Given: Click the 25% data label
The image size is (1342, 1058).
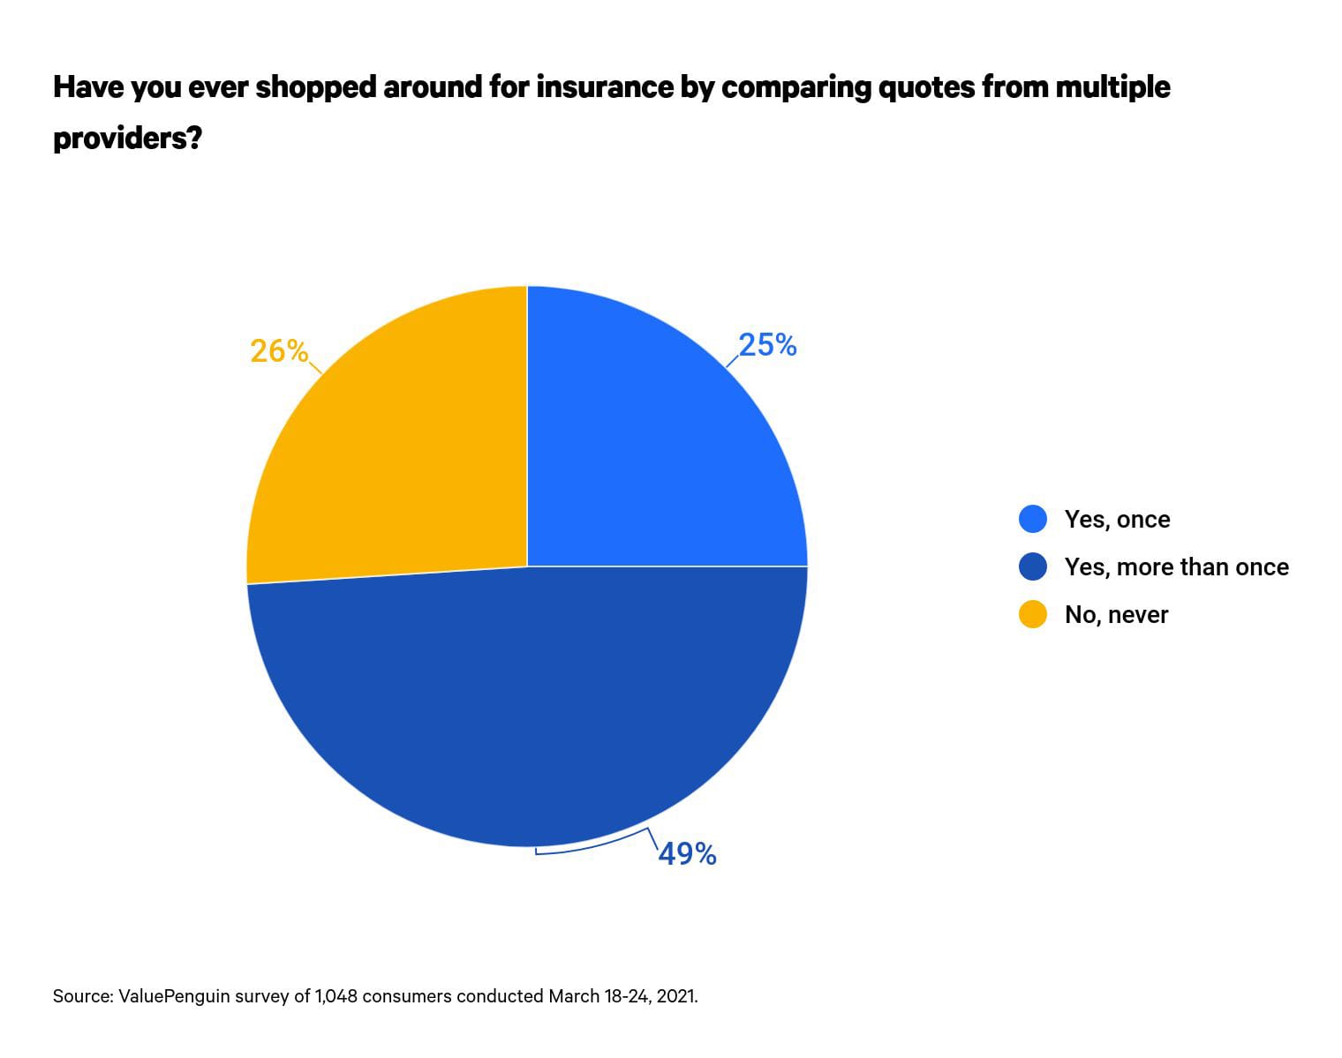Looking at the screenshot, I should [767, 345].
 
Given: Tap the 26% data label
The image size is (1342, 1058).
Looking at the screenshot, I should [279, 351].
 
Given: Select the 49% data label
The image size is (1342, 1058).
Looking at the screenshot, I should [687, 853].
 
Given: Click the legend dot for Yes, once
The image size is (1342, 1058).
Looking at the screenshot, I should [1032, 519].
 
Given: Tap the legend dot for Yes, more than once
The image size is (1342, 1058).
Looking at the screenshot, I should [1032, 567].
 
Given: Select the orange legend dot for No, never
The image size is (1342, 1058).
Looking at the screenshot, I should [1032, 614].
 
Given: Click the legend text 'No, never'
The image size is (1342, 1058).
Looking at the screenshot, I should [1116, 615].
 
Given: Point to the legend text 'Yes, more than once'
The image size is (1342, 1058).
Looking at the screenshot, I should [1176, 567].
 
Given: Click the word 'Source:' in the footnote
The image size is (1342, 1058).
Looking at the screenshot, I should [82, 996].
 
